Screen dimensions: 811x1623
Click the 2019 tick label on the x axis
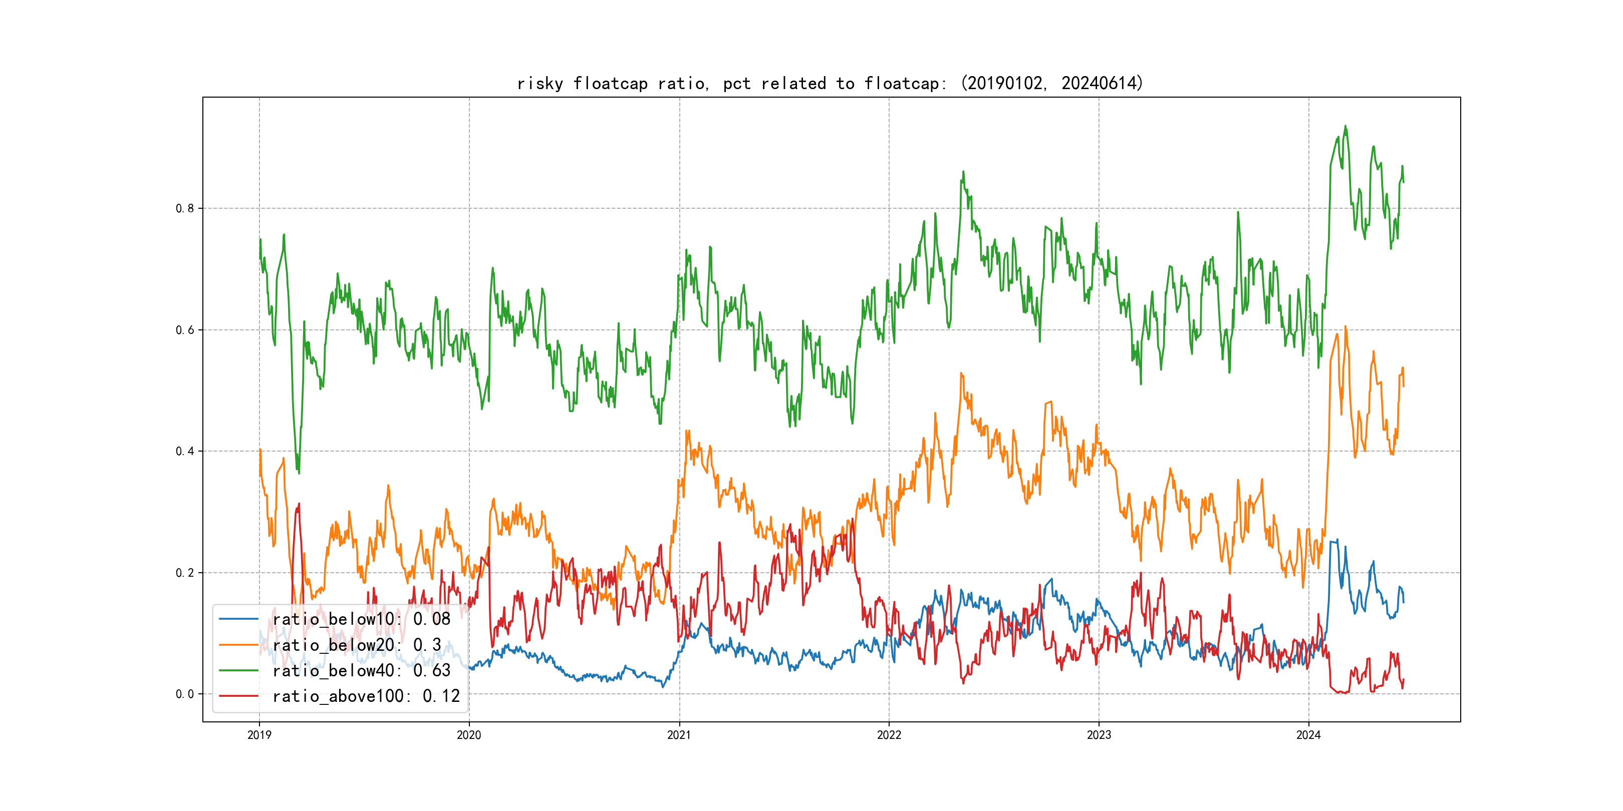click(259, 735)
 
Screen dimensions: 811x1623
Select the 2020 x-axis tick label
click(469, 735)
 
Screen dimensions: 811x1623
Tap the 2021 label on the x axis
click(679, 735)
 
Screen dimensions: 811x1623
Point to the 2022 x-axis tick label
click(889, 735)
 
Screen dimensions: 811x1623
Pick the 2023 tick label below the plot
click(1099, 735)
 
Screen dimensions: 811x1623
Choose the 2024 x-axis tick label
click(1308, 735)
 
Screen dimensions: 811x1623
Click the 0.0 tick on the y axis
click(185, 694)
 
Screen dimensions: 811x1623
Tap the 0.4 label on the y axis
click(185, 451)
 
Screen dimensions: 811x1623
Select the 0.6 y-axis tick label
click(185, 330)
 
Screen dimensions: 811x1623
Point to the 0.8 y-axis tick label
click(185, 208)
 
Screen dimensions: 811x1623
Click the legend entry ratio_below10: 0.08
click(361, 619)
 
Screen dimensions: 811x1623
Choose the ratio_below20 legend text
click(357, 645)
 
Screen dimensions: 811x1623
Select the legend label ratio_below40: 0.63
click(361, 671)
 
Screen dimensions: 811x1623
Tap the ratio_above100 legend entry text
click(366, 696)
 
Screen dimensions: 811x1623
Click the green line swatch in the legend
click(238, 671)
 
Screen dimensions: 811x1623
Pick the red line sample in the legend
click(238, 696)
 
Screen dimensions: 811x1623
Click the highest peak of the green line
click(1345, 127)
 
